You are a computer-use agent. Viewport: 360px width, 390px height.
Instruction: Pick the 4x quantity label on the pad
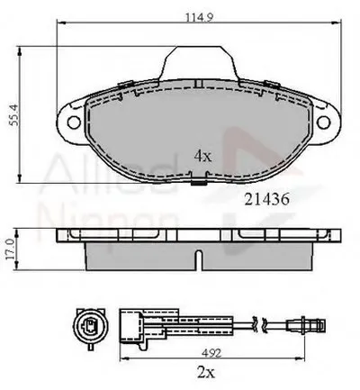coord(202,156)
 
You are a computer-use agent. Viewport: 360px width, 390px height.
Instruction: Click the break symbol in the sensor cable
coord(261,324)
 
